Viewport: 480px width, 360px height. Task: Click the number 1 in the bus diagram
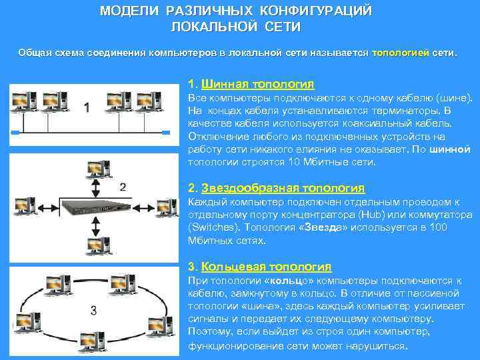[x=87, y=107]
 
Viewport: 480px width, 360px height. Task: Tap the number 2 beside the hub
[x=122, y=187]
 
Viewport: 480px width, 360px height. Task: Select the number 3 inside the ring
[x=94, y=310]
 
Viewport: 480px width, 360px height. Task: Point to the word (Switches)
[x=212, y=227]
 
